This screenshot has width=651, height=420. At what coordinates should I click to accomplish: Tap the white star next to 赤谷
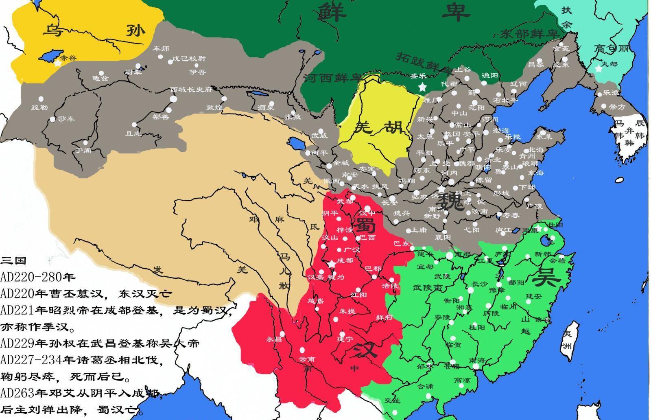pyautogui.click(x=57, y=63)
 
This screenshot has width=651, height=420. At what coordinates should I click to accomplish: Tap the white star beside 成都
pyautogui.click(x=332, y=264)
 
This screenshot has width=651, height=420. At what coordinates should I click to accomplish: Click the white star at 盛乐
pyautogui.click(x=422, y=87)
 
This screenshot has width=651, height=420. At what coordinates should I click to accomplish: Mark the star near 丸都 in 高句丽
pyautogui.click(x=598, y=69)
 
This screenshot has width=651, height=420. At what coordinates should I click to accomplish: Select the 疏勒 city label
pyautogui.click(x=39, y=108)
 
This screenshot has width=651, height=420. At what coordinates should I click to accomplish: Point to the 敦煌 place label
pyautogui.click(x=214, y=108)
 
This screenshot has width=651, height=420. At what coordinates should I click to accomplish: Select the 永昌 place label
pyautogui.click(x=273, y=339)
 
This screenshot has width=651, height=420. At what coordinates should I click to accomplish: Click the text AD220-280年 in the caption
pyautogui.click(x=38, y=277)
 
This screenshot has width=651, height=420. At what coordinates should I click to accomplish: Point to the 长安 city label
pyautogui.click(x=389, y=202)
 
